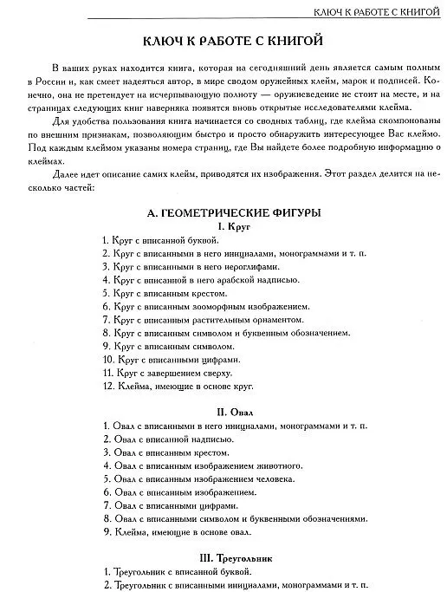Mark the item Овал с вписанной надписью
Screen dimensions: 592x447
coord(168,439)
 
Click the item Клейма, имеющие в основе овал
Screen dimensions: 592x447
coord(178,531)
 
